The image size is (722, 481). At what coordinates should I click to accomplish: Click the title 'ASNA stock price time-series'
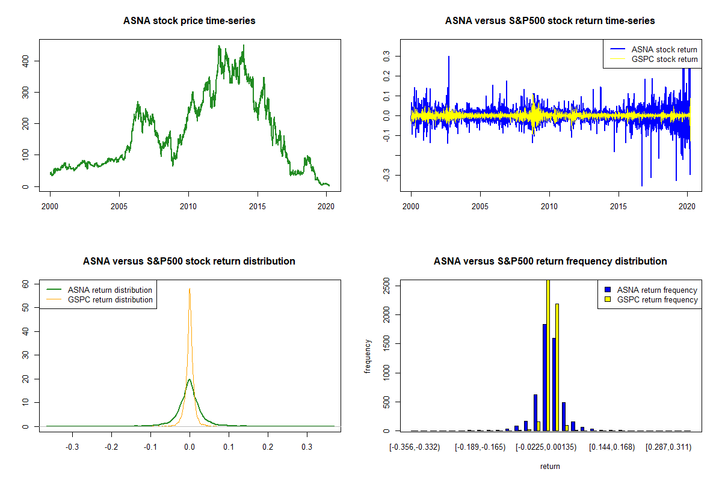tap(190, 21)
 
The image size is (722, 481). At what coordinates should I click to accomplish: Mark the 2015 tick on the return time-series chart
tap(619, 206)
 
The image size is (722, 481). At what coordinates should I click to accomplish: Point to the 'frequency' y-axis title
tap(368, 356)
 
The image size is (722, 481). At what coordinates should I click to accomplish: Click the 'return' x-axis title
tap(550, 466)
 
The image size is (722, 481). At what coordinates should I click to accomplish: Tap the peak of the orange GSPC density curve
tap(190, 289)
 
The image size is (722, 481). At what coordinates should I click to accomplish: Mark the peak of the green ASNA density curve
tap(190, 379)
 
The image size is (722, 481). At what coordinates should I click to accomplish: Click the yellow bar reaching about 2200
tap(557, 367)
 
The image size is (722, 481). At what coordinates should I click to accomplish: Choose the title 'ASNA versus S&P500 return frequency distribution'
tap(550, 262)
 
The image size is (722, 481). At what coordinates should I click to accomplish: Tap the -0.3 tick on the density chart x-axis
tap(73, 447)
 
